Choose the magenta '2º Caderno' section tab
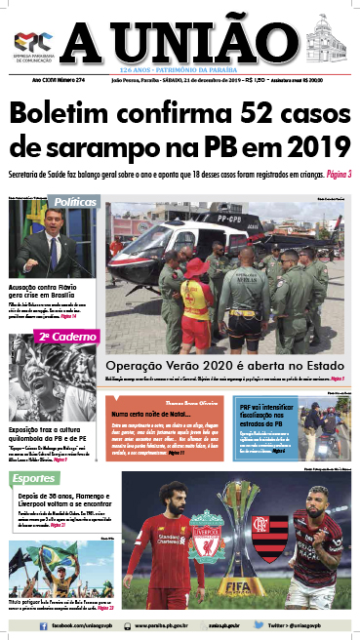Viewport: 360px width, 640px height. click(67, 337)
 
